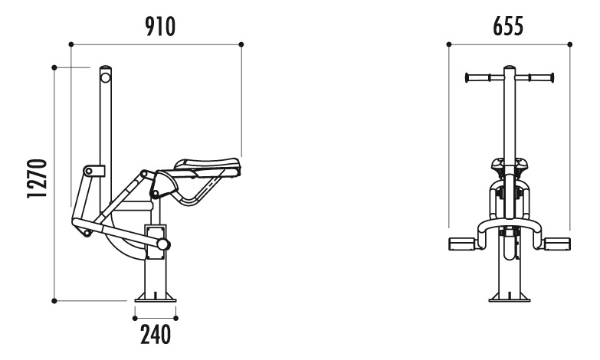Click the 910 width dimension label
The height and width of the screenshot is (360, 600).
point(160,27)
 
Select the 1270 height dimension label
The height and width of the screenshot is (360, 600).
point(37,178)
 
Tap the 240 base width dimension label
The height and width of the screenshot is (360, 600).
point(156,335)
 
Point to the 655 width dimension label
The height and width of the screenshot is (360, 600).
point(508,27)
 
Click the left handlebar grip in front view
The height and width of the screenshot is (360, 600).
point(477,77)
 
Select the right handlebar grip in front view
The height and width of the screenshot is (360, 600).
point(541,77)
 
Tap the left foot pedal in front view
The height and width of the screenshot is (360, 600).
point(461,244)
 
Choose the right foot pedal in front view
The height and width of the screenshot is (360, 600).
point(557,244)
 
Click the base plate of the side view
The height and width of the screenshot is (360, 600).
point(156,297)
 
